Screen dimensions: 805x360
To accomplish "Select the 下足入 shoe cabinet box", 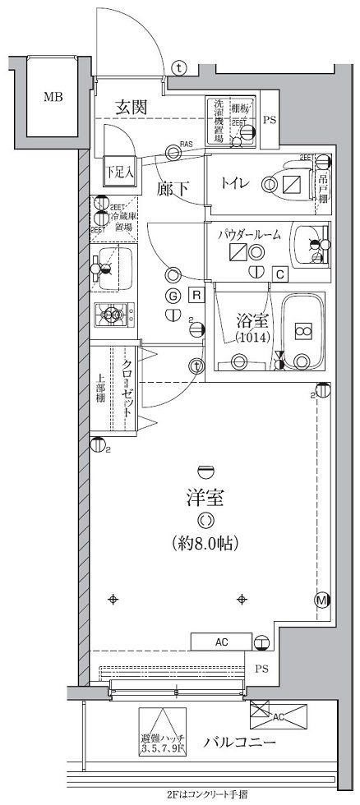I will [119, 172].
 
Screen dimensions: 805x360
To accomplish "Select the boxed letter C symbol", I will [279, 274].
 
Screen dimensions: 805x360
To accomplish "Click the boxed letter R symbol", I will [197, 295].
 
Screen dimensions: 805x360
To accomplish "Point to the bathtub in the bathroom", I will [302, 330].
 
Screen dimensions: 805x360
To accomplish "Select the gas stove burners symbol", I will [111, 312].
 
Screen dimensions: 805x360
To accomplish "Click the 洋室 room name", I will [205, 498].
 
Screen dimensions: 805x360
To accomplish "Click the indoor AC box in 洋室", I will [221, 642].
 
